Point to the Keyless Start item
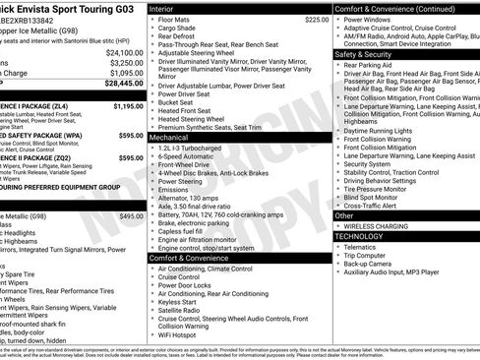coord(186,302)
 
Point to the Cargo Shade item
coord(181,29)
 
